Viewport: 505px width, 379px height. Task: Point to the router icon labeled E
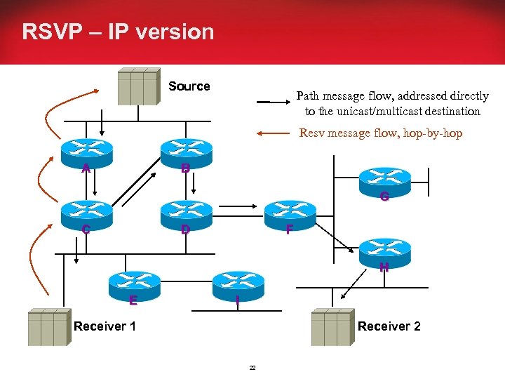coord(133,282)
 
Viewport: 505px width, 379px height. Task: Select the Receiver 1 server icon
coord(48,328)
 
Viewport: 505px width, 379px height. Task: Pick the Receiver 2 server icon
coord(332,328)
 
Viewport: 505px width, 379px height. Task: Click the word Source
coord(189,86)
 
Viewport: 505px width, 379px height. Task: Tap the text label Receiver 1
coord(105,326)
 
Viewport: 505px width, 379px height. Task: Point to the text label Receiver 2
coord(389,326)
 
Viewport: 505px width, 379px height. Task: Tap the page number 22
coord(252,367)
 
